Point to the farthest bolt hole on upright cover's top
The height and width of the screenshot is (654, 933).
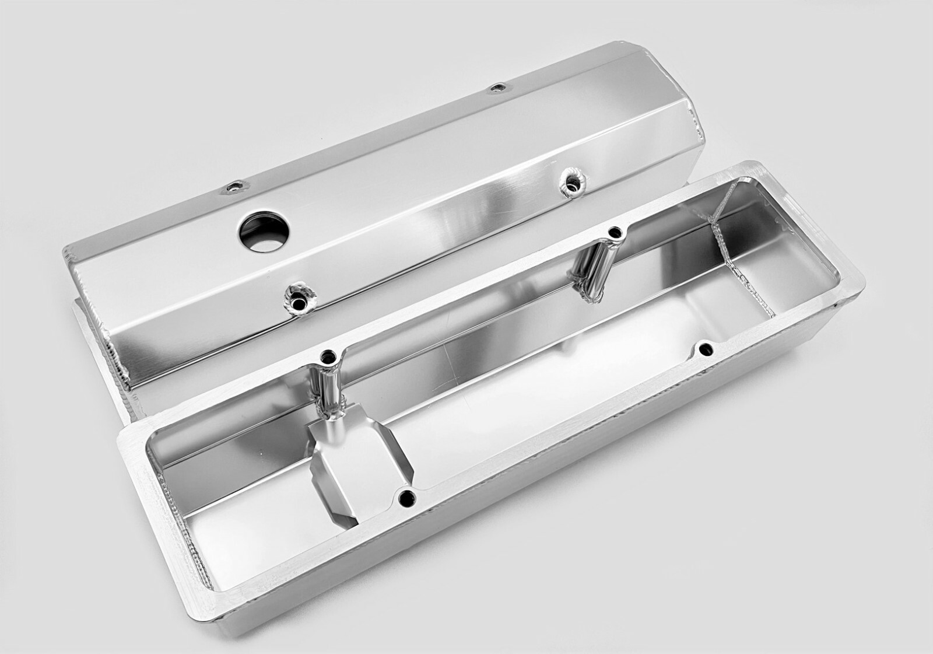coord(496,88)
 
